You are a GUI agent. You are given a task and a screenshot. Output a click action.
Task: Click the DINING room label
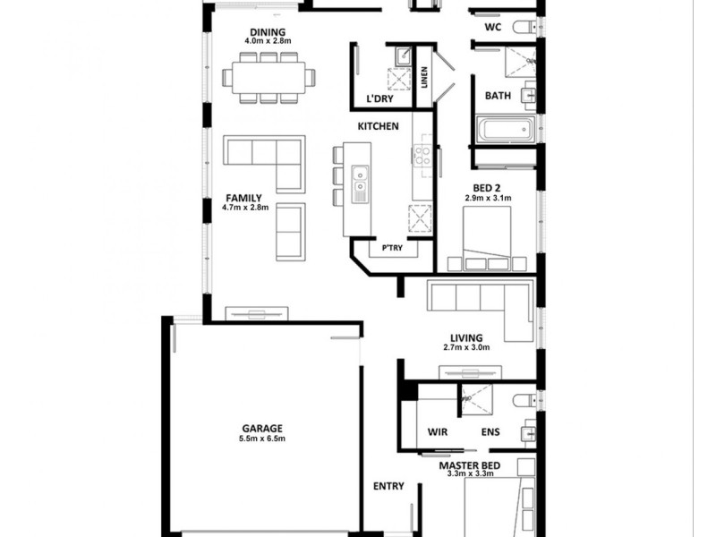pyautogui.click(x=268, y=32)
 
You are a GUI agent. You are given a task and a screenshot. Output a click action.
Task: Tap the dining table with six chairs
pyautogui.click(x=269, y=78)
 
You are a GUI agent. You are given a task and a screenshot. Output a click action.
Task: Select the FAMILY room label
pyautogui.click(x=243, y=197)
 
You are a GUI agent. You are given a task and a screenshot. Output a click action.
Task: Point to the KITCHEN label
pyautogui.click(x=378, y=126)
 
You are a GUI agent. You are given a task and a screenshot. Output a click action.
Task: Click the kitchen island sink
pyautogui.click(x=360, y=186)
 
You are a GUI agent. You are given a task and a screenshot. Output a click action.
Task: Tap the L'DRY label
pyautogui.click(x=380, y=98)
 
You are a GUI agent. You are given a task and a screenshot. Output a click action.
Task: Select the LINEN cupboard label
pyautogui.click(x=424, y=77)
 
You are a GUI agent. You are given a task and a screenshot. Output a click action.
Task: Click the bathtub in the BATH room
pyautogui.click(x=503, y=130)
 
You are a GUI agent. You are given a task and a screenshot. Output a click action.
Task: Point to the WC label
pyautogui.click(x=492, y=28)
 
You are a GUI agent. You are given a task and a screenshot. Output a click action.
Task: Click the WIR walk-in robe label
pyautogui.click(x=437, y=432)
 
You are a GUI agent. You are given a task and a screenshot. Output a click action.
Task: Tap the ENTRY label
pyautogui.click(x=388, y=487)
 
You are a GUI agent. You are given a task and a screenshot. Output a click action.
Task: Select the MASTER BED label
pyautogui.click(x=469, y=465)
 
